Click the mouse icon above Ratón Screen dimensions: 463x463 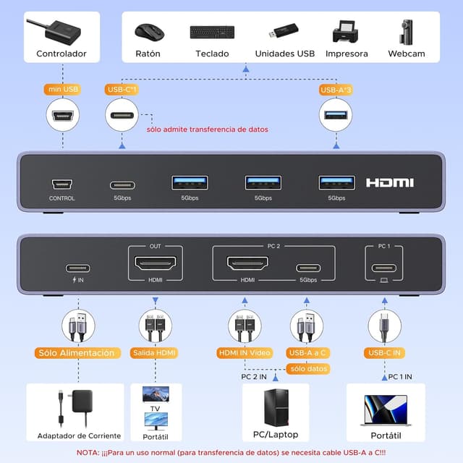point(149,32)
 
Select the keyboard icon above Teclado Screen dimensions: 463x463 point(212,33)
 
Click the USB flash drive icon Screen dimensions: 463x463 point(284,33)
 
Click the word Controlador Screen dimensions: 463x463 point(61,54)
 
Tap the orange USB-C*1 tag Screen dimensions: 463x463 point(122,90)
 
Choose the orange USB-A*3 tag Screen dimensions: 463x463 point(336,90)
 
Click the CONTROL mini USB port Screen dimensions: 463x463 point(61,184)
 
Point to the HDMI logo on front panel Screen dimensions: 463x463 point(389,183)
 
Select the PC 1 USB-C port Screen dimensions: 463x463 point(384,267)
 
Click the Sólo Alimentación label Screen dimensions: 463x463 point(77,353)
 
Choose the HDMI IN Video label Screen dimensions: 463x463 point(244,353)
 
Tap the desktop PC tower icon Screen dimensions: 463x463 point(275,408)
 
